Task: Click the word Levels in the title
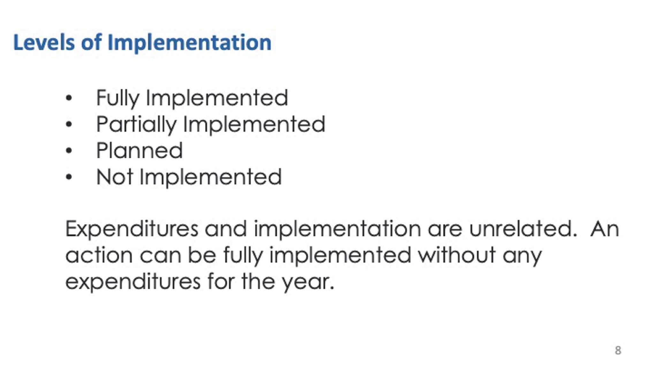[x=44, y=42]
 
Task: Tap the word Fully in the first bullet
[x=118, y=98]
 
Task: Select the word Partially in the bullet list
[x=136, y=125]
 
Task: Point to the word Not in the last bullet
[x=115, y=177]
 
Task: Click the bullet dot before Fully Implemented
[x=69, y=98]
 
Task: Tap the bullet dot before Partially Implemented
[x=69, y=124]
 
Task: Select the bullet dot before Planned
[x=69, y=151]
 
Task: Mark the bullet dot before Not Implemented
[x=69, y=177]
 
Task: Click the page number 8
[x=618, y=350]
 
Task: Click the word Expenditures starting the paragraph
[x=132, y=229]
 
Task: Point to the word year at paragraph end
[x=308, y=282]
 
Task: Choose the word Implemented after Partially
[x=254, y=124]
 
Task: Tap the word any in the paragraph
[x=522, y=256]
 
